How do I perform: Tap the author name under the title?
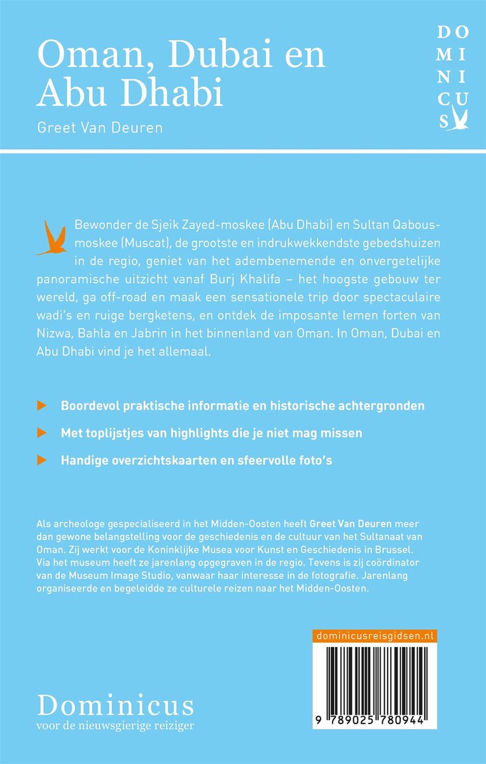pos(100,127)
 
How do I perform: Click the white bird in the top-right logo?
pos(461,120)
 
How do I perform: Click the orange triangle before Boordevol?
pos(41,405)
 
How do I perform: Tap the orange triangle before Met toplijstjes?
pos(41,432)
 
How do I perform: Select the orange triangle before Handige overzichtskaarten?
pos(41,460)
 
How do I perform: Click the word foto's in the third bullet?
pos(312,460)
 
